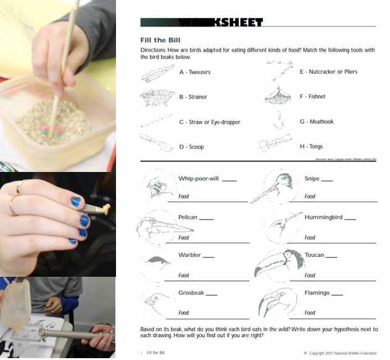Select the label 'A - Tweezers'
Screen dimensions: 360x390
tap(194, 72)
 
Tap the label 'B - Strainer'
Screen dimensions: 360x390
tap(193, 97)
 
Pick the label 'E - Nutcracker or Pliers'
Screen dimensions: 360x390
tap(328, 72)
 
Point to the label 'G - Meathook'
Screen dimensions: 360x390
tap(317, 121)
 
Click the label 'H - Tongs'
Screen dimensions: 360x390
tap(313, 147)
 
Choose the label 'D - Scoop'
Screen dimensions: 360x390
tap(191, 147)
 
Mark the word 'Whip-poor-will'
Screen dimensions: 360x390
tap(198, 179)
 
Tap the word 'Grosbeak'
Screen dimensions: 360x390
tap(191, 293)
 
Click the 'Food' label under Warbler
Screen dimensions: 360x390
tap(183, 276)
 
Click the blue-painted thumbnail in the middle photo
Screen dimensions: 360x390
tap(75, 202)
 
